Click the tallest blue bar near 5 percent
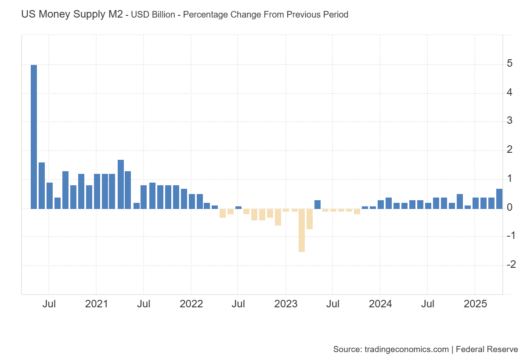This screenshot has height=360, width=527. pyautogui.click(x=33, y=137)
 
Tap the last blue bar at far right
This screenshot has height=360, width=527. pyautogui.click(x=499, y=199)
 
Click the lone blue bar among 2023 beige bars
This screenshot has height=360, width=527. pyautogui.click(x=317, y=204)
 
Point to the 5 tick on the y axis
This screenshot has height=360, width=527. pyautogui.click(x=509, y=64)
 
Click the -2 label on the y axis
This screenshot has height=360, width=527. pyautogui.click(x=510, y=265)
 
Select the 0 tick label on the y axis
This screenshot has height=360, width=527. pyautogui.click(x=509, y=207)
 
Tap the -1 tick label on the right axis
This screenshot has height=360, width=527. pyautogui.click(x=510, y=236)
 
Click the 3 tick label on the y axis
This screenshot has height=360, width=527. pyautogui.click(x=509, y=121)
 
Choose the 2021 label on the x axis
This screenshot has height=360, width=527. pyautogui.click(x=96, y=304)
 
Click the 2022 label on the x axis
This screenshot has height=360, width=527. pyautogui.click(x=191, y=304)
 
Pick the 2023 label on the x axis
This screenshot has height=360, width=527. pyautogui.click(x=286, y=304)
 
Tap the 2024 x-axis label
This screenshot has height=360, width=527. pyautogui.click(x=380, y=304)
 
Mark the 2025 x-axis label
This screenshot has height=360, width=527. pyautogui.click(x=475, y=304)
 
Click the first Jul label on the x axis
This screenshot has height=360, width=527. pyautogui.click(x=49, y=304)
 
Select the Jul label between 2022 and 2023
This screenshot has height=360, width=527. pyautogui.click(x=238, y=304)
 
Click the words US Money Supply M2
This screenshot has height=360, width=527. pyautogui.click(x=72, y=14)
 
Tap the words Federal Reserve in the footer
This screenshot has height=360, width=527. pyautogui.click(x=487, y=349)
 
